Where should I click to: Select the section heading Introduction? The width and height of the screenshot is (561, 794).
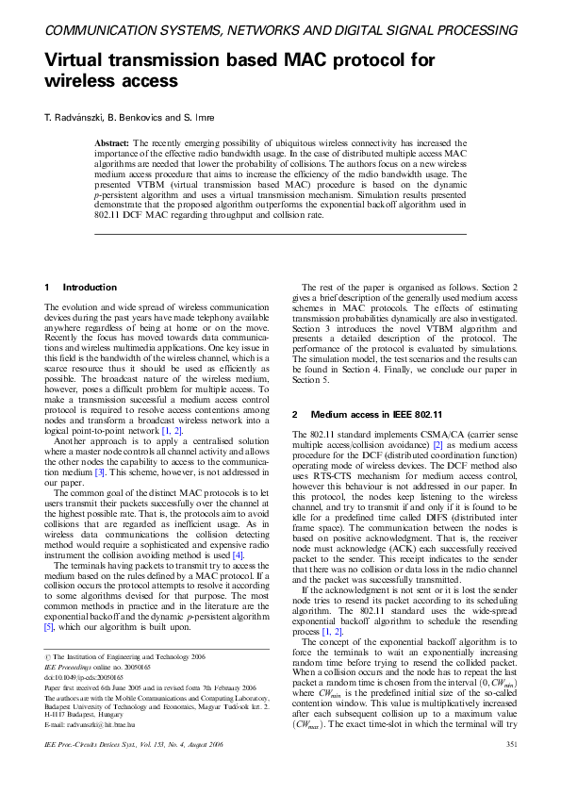point(90,287)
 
